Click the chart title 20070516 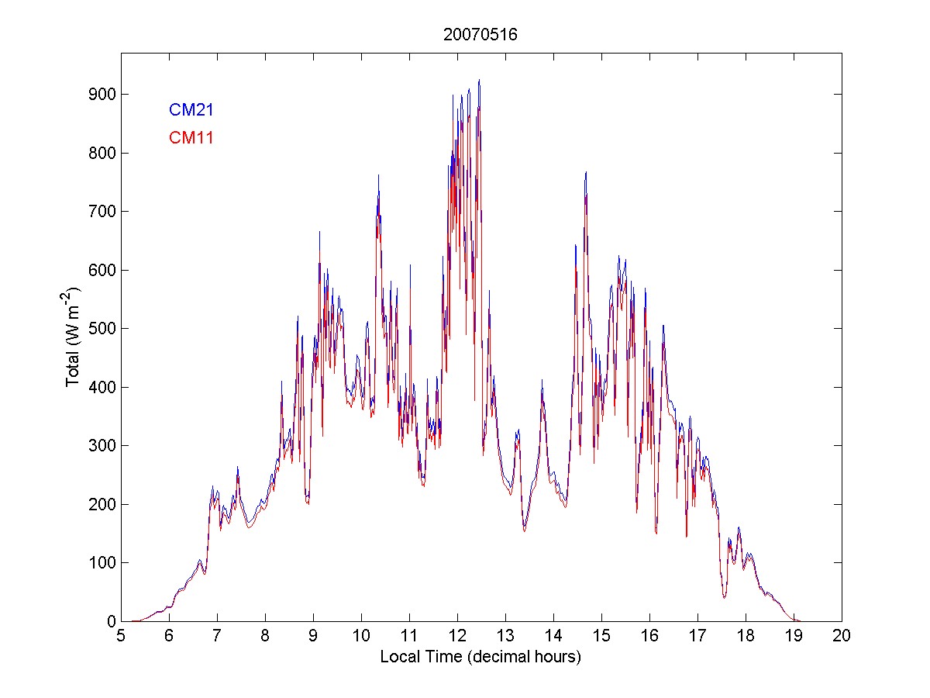coord(480,35)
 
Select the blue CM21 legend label coord(191,110)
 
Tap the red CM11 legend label coord(191,138)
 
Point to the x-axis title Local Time coord(480,657)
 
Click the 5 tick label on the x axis coord(121,636)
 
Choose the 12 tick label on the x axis coord(457,636)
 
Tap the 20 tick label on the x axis coord(842,636)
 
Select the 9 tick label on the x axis coord(313,636)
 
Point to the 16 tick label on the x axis coord(649,636)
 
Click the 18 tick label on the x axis coord(746,636)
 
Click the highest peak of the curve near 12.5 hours coord(479,80)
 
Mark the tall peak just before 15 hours coord(586,172)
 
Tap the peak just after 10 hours coord(378,175)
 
